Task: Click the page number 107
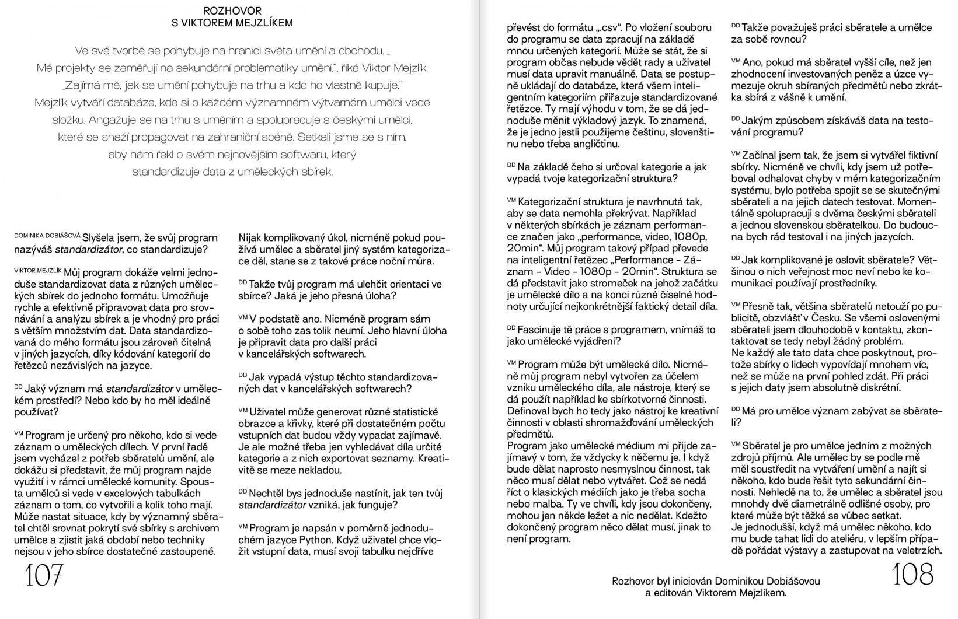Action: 43,576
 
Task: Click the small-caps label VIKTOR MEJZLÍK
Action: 37,271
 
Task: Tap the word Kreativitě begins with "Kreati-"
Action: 433,459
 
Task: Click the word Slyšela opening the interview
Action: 101,237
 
